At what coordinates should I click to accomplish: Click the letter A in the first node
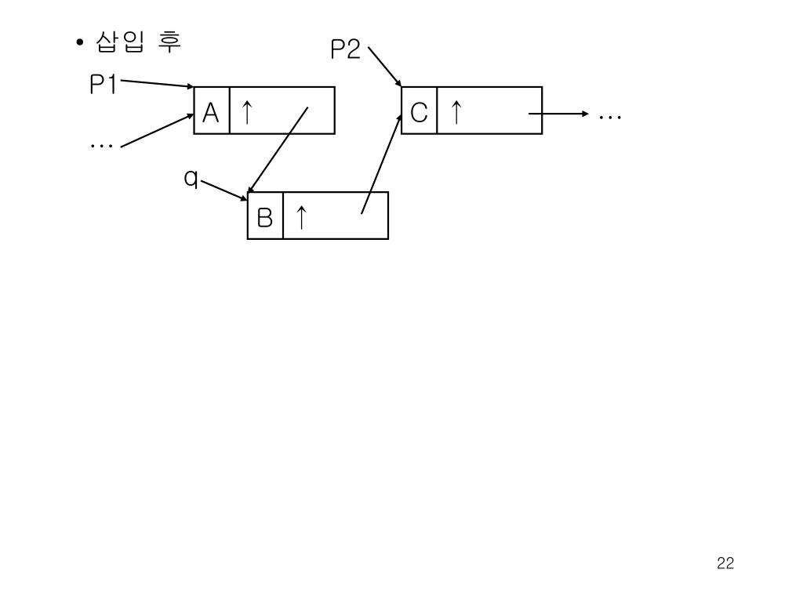coord(211,114)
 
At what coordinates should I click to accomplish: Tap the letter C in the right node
coord(419,114)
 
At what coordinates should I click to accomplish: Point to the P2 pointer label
coord(345,51)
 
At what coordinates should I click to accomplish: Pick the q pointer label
coord(191,180)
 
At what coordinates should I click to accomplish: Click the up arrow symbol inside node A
coord(246,113)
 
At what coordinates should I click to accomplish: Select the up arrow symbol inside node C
coord(455,113)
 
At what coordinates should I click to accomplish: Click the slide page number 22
coord(725,563)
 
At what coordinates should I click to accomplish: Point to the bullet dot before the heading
coord(81,43)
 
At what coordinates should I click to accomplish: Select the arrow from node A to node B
coord(278,150)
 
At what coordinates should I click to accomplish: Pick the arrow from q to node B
coord(224,190)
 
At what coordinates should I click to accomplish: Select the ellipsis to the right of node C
coord(610,117)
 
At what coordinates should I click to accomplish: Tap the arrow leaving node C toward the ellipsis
coord(558,114)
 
